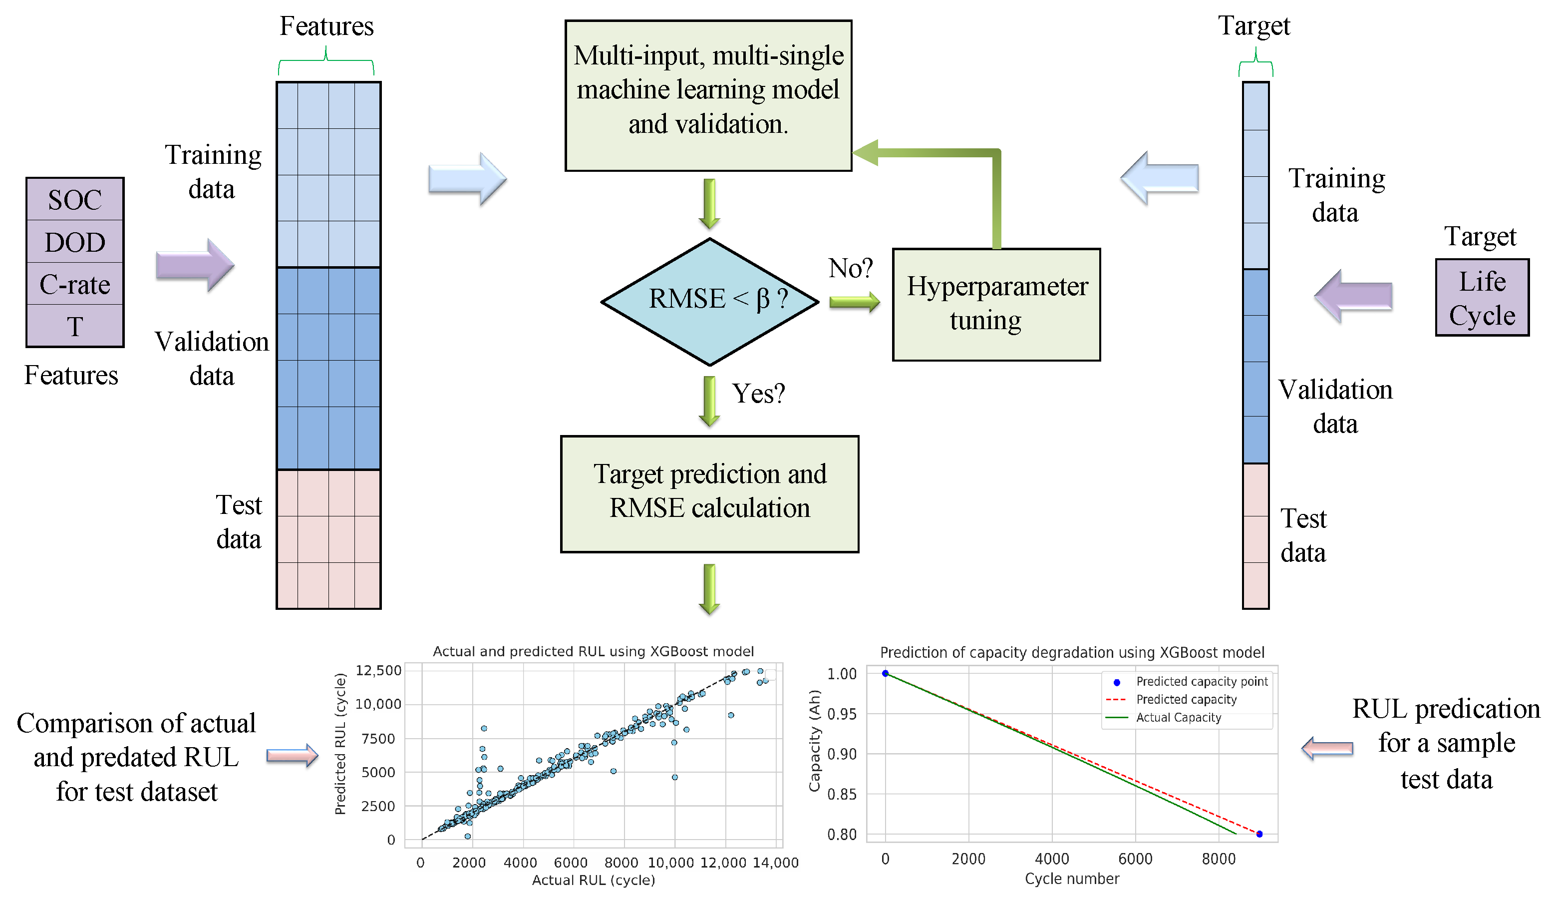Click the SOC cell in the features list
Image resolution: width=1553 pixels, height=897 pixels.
(x=74, y=200)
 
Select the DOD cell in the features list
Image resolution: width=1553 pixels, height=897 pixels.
(x=74, y=242)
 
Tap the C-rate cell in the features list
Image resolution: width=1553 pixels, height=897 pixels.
(x=74, y=284)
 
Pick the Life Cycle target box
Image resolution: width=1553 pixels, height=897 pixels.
(x=1481, y=298)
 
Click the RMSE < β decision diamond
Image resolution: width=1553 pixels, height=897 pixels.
(x=709, y=301)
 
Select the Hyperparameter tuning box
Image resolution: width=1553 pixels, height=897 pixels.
(x=996, y=304)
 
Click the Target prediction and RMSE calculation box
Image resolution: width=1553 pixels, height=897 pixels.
(x=709, y=493)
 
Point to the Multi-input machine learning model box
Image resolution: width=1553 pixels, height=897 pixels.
(x=708, y=95)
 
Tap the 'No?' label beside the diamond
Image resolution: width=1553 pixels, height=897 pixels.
(x=851, y=269)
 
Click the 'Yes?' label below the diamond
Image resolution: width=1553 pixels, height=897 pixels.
(x=758, y=394)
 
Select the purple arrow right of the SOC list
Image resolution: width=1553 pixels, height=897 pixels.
(x=195, y=265)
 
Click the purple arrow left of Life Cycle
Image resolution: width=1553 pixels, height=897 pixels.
(x=1353, y=296)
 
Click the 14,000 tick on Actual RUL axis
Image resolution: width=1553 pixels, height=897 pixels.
(x=775, y=863)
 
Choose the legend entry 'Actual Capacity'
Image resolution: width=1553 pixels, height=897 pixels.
(x=1178, y=718)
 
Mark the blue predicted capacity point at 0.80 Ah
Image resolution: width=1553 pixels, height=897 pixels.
(x=1259, y=834)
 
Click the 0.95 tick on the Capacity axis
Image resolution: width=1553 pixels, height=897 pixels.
(x=842, y=714)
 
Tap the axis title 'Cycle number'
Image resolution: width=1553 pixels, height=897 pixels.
(x=1071, y=879)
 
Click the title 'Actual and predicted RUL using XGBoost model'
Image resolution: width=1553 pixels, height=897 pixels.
(x=593, y=652)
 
